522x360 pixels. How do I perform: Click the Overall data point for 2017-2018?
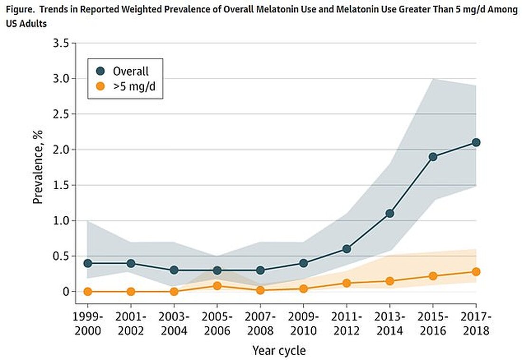(x=476, y=142)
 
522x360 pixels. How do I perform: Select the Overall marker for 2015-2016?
(x=433, y=157)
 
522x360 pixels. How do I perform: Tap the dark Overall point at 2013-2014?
(x=390, y=213)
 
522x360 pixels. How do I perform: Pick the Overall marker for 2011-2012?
(x=346, y=249)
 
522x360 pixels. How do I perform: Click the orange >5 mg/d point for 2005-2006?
(x=217, y=286)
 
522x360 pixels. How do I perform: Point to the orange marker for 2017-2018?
(x=476, y=272)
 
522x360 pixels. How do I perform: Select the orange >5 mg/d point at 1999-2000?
(x=87, y=292)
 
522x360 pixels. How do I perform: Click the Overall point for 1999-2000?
(x=87, y=263)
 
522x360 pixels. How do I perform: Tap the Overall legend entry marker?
(x=100, y=71)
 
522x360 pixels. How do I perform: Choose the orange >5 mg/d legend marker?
(x=100, y=87)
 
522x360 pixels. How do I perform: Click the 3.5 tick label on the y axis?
(x=60, y=43)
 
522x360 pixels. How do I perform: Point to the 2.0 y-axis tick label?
(x=60, y=149)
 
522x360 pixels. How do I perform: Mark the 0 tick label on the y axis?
(x=66, y=292)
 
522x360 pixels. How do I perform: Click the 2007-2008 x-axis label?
(x=260, y=323)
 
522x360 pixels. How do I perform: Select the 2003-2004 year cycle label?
(x=174, y=323)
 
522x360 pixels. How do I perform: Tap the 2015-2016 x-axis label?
(x=433, y=323)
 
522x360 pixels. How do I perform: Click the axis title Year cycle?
(x=279, y=351)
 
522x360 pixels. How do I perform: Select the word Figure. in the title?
(x=18, y=10)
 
